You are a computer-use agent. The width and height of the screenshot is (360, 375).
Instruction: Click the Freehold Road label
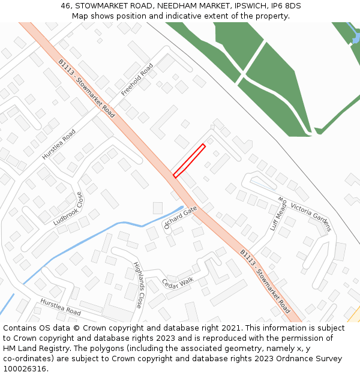[x=137, y=79]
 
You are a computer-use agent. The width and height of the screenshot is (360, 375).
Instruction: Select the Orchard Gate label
[x=181, y=218]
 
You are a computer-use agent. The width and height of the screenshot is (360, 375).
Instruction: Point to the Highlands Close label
[x=138, y=285]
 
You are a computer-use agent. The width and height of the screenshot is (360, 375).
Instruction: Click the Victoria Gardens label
[x=311, y=217]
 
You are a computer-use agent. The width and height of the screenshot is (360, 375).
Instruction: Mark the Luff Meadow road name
[x=279, y=214]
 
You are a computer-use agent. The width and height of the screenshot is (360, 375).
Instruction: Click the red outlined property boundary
[x=189, y=161]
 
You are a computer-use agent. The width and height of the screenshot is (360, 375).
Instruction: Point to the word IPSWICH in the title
[x=245, y=6]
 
